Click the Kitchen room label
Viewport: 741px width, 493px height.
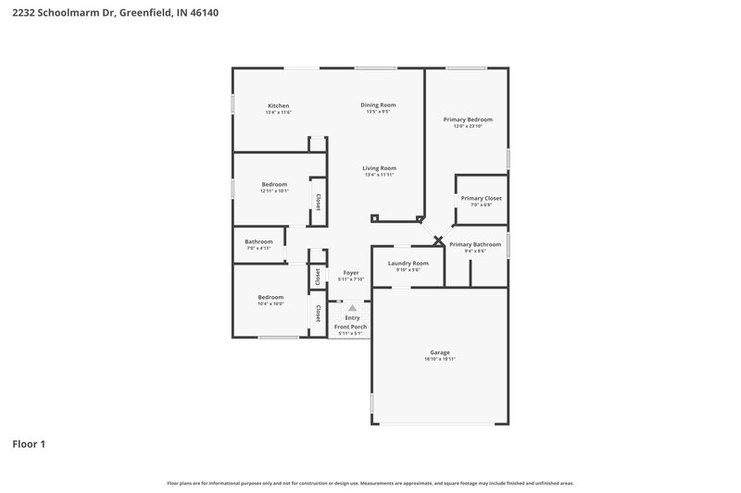(279, 105)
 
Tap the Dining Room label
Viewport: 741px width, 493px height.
(378, 105)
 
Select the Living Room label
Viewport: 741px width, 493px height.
(379, 167)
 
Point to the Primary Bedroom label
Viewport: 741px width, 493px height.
(467, 119)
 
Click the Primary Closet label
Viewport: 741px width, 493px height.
(481, 198)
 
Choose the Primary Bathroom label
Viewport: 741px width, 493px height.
(475, 244)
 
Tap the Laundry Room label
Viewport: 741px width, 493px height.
(408, 263)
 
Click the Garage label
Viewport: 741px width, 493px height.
(440, 352)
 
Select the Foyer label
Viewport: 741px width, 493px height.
(351, 272)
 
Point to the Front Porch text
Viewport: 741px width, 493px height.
(351, 327)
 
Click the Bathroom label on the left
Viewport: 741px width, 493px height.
(259, 241)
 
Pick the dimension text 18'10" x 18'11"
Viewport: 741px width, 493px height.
(440, 359)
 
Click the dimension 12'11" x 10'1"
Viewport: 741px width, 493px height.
(275, 191)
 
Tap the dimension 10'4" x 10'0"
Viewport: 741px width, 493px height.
(270, 303)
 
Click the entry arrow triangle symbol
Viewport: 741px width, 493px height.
(352, 308)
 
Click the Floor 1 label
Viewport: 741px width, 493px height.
(29, 444)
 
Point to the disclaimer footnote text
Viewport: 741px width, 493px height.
(370, 483)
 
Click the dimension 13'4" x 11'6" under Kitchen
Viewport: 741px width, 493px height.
(279, 112)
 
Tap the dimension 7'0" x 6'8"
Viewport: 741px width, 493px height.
(481, 204)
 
